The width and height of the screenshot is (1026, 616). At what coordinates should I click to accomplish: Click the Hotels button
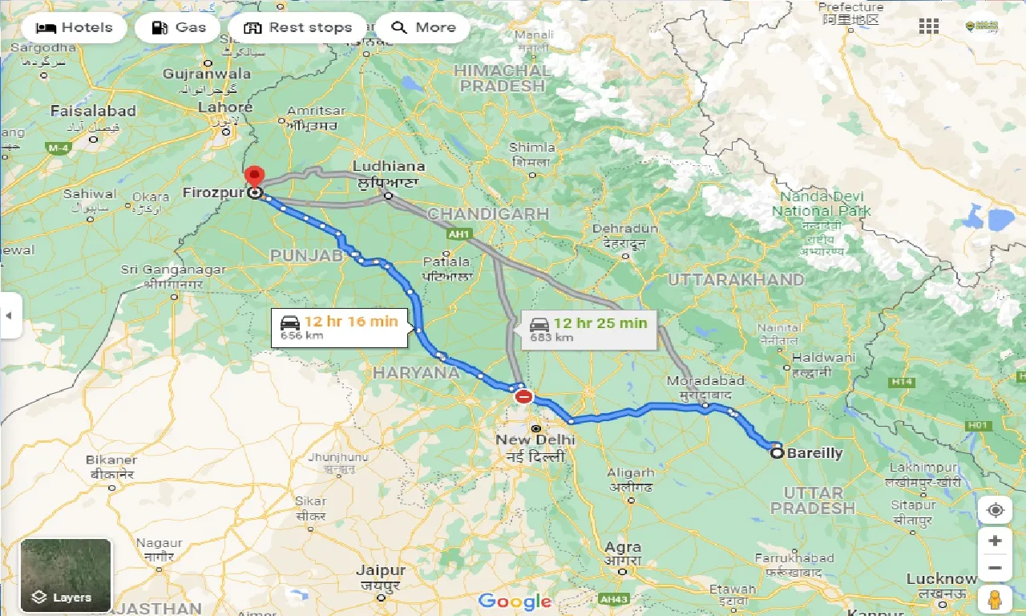(75, 27)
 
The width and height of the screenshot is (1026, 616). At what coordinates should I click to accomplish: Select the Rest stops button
(297, 27)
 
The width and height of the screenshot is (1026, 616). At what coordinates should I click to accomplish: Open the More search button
(422, 27)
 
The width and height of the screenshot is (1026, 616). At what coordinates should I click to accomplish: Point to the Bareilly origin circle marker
(777, 453)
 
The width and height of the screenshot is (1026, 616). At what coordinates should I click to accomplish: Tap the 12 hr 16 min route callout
(339, 327)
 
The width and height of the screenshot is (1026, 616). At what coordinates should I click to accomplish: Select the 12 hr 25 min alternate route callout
(588, 329)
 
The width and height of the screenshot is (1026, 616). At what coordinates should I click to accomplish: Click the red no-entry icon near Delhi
(523, 396)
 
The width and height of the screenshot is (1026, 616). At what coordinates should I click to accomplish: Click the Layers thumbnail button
(66, 574)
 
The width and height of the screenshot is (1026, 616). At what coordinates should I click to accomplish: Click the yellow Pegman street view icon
(995, 598)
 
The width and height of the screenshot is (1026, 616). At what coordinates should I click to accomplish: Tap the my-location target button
(995, 510)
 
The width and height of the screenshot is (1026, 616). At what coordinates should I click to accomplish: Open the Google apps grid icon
(929, 26)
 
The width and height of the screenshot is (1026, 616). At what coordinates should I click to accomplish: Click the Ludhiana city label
(388, 166)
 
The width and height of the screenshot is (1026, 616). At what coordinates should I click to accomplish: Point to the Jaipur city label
(381, 571)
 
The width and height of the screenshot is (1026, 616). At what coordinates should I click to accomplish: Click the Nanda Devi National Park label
(821, 204)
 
